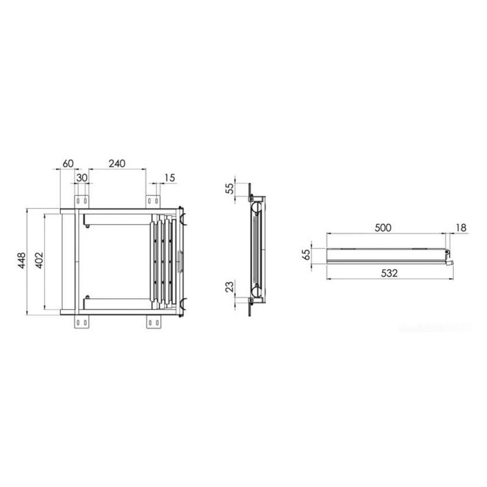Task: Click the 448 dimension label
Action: tap(21, 261)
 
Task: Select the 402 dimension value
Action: tap(39, 260)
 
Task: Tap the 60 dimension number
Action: tap(68, 163)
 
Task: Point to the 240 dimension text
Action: tap(117, 163)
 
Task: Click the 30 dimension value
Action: tap(82, 178)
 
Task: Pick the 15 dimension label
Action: tap(169, 178)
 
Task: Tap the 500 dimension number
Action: tap(383, 228)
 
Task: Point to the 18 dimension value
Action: tap(461, 228)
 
